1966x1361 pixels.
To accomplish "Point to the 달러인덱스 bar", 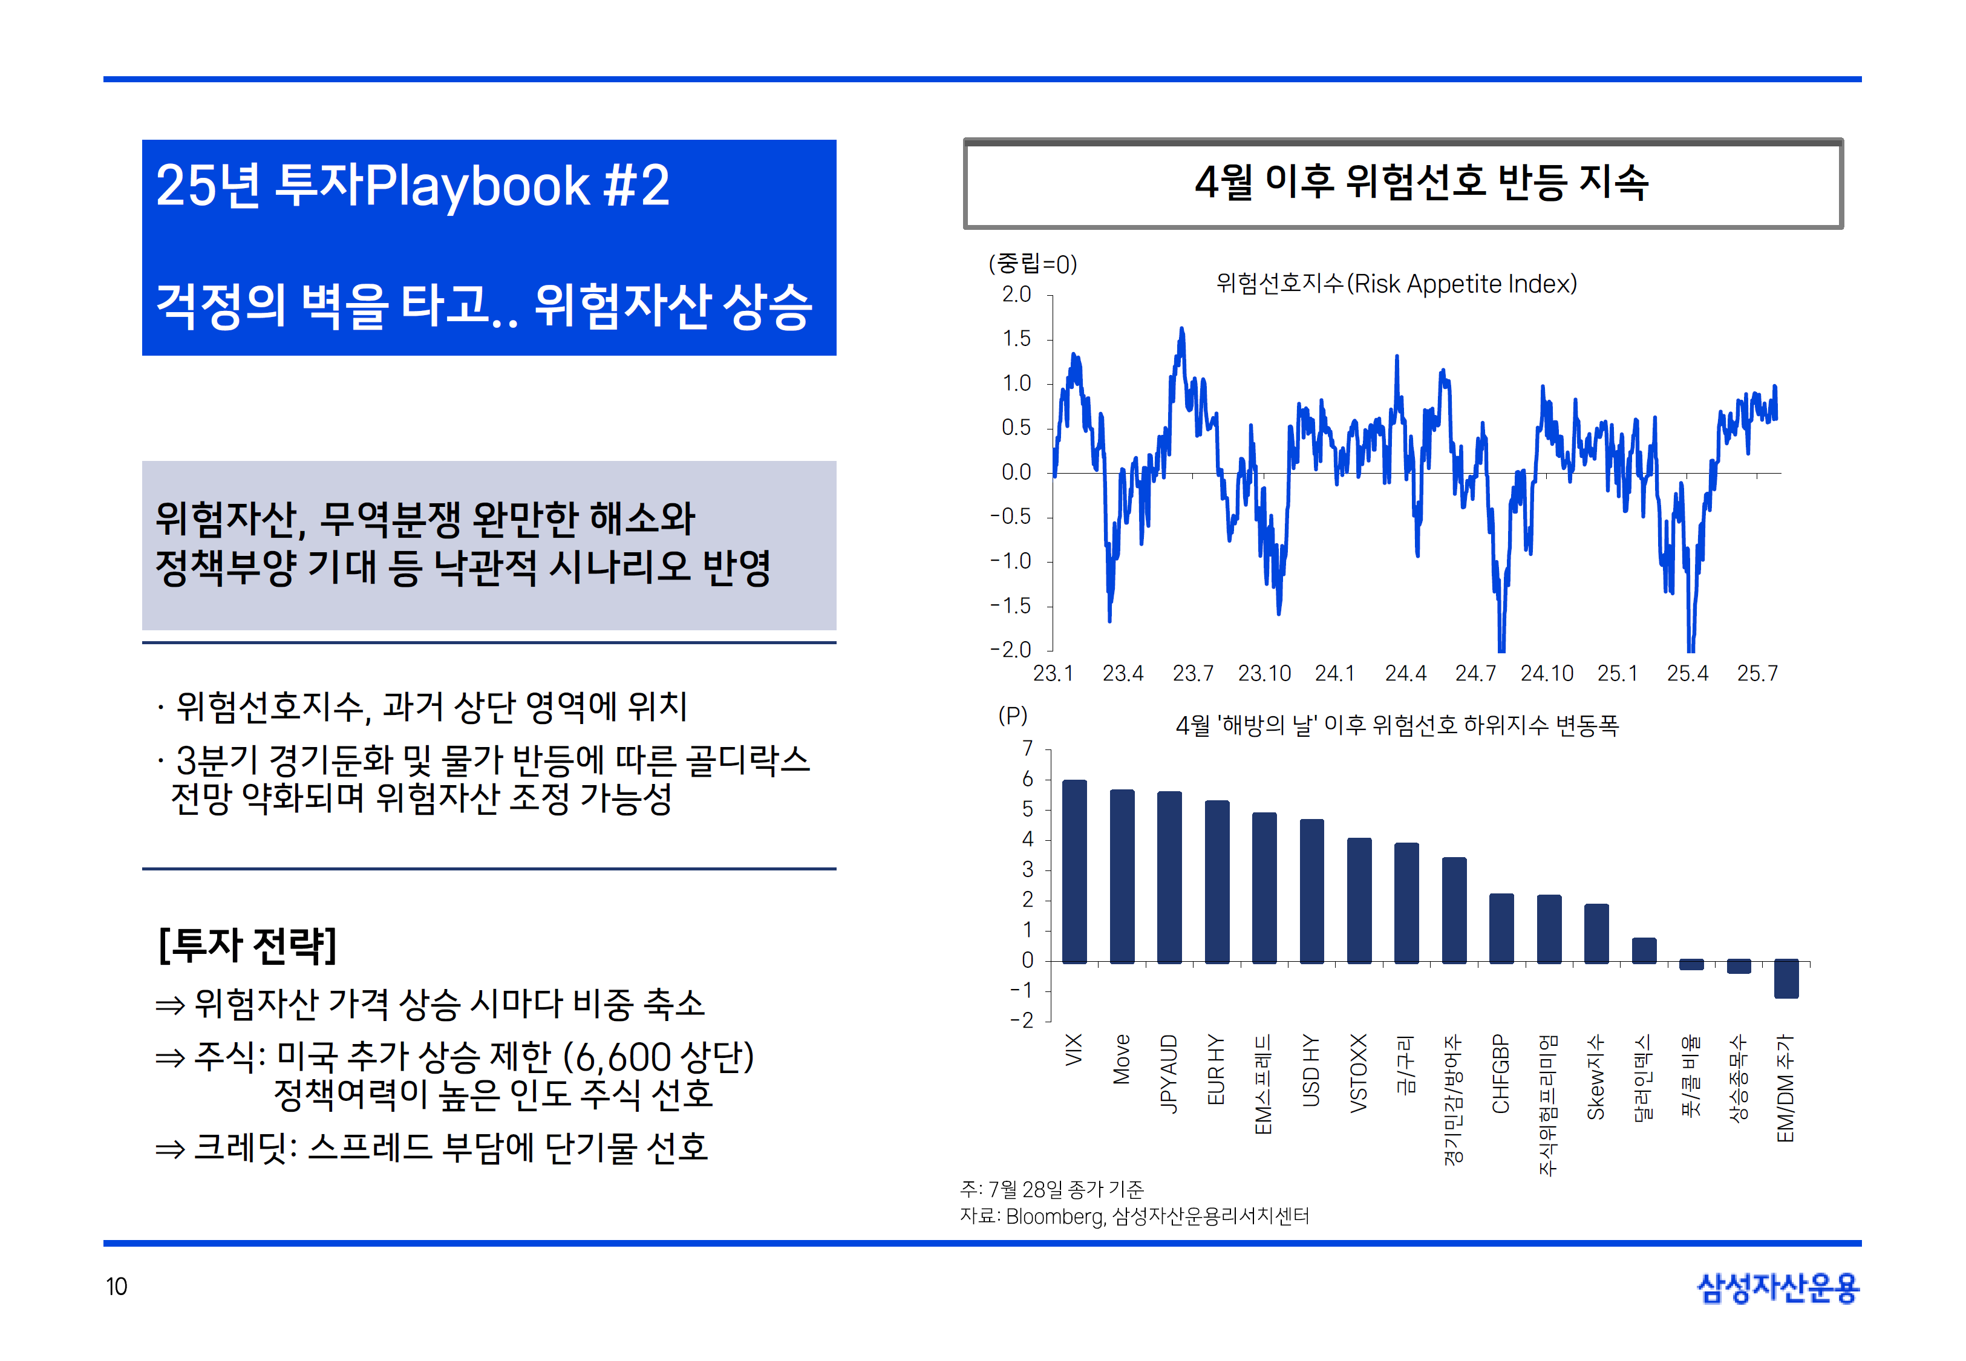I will tap(1643, 950).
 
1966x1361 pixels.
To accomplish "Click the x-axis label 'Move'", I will tap(1122, 1059).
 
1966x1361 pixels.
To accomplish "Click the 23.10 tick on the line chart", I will tap(1264, 674).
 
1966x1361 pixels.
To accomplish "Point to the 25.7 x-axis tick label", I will tap(1757, 674).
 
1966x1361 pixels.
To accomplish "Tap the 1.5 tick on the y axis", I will tap(1016, 339).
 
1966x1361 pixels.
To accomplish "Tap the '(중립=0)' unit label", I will tap(1033, 264).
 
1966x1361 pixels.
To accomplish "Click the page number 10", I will tap(116, 1286).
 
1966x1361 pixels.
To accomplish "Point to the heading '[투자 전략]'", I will tap(247, 945).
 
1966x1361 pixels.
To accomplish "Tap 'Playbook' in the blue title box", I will tap(477, 185).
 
